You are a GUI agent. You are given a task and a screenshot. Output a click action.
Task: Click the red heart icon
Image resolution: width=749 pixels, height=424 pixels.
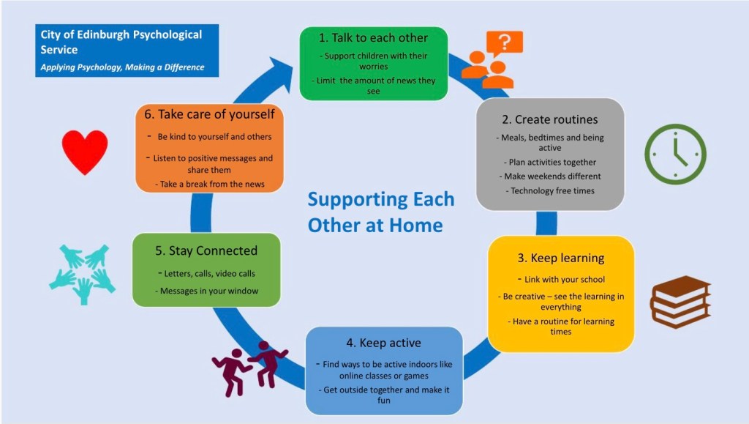click(85, 152)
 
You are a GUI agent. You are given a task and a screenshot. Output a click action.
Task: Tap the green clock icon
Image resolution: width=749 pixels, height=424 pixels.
click(675, 153)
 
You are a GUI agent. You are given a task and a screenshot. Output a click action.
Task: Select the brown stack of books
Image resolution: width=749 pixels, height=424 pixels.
click(680, 301)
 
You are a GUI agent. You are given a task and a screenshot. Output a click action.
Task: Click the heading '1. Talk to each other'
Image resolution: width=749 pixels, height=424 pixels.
click(373, 37)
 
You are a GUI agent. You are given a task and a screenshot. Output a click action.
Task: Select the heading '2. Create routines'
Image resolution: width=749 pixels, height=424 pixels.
click(550, 119)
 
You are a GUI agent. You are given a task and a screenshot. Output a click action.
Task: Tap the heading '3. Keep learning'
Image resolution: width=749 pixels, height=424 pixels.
click(561, 258)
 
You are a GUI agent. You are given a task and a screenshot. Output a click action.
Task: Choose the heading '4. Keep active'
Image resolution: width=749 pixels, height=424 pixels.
click(384, 343)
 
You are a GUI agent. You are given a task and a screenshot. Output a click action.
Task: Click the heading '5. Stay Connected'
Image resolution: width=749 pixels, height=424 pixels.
click(206, 250)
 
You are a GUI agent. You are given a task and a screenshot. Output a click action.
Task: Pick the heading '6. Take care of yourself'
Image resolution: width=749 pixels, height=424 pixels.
click(210, 114)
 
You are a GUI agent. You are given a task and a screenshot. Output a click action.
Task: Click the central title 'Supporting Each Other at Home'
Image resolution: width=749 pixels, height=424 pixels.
click(380, 212)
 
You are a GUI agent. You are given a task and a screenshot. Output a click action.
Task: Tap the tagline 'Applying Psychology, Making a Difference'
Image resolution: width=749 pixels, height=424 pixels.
click(122, 67)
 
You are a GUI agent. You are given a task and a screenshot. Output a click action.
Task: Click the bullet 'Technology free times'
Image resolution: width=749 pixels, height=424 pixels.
click(550, 190)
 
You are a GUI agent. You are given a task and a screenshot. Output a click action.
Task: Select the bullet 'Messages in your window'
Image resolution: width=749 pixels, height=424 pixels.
click(206, 291)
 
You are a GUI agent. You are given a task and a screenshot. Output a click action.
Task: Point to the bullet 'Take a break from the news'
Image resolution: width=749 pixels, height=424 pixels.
click(210, 184)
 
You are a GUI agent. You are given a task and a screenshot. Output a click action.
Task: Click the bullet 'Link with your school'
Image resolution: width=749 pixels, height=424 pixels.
click(561, 280)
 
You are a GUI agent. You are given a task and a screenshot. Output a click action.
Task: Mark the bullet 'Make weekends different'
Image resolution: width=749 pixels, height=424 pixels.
click(550, 176)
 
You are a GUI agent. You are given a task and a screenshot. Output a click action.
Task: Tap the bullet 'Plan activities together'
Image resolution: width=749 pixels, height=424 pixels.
click(550, 162)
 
